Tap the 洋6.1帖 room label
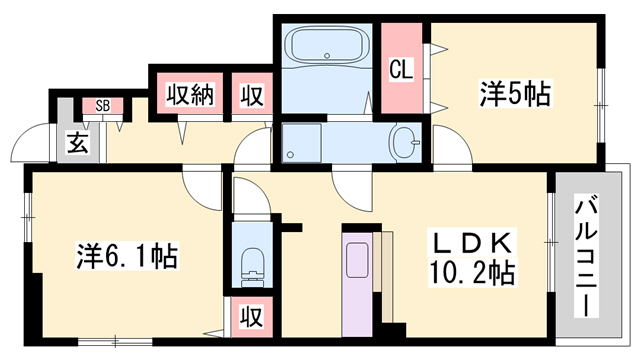[x=127, y=257]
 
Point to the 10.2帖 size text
[x=473, y=272]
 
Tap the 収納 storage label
[x=189, y=96]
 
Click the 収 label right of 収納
[x=251, y=96]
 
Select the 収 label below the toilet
[x=251, y=319]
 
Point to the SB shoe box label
[x=103, y=105]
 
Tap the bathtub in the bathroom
[x=328, y=48]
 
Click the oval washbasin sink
[x=405, y=143]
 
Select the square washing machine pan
[x=301, y=143]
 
